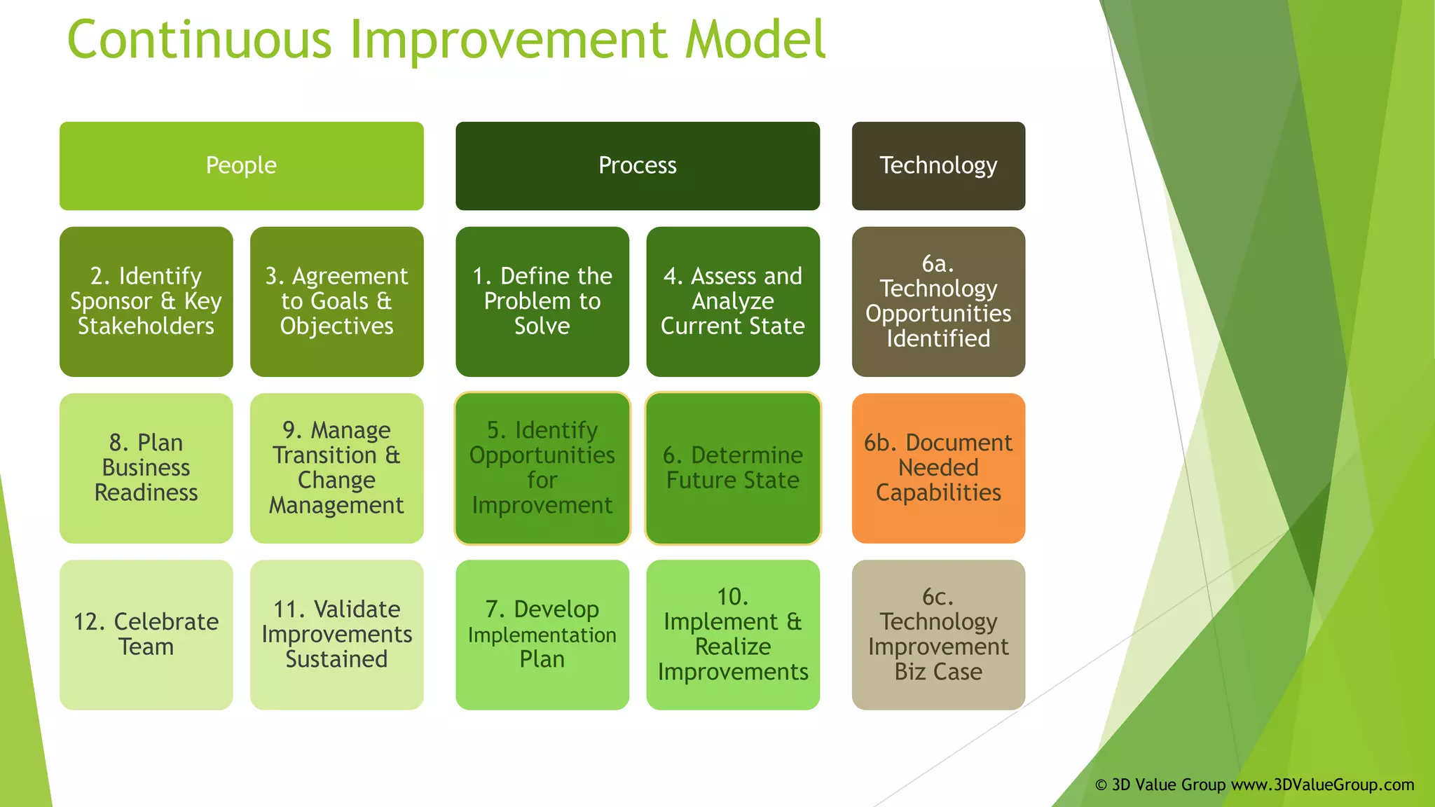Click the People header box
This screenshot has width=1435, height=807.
pyautogui.click(x=241, y=166)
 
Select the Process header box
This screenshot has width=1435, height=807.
pyautogui.click(x=637, y=166)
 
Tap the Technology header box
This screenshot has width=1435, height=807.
pyautogui.click(x=938, y=166)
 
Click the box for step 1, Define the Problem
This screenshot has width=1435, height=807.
pyautogui.click(x=542, y=301)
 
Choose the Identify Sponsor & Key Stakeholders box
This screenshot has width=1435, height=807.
pyautogui.click(x=146, y=301)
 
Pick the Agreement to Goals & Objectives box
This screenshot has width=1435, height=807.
pyautogui.click(x=336, y=301)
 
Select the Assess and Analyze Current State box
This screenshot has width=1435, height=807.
pyautogui.click(x=732, y=301)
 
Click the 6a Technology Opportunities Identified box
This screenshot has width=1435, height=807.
pyautogui.click(x=938, y=301)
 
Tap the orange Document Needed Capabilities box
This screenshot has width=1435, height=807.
pyautogui.click(x=938, y=468)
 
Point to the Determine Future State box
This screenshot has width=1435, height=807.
pyautogui.click(x=732, y=468)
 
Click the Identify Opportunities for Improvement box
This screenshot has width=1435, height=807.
pyautogui.click(x=542, y=468)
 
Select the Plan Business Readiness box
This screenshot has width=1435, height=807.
pyautogui.click(x=146, y=468)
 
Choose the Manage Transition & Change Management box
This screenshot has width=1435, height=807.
pyautogui.click(x=336, y=468)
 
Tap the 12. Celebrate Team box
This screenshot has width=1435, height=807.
pyautogui.click(x=146, y=635)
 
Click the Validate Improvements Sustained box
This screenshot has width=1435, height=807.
pyautogui.click(x=336, y=635)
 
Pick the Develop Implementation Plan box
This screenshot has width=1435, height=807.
pyautogui.click(x=542, y=635)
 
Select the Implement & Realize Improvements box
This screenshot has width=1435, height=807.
pyautogui.click(x=732, y=635)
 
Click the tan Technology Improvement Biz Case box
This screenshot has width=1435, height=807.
pyautogui.click(x=938, y=635)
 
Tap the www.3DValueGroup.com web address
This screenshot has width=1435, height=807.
pyautogui.click(x=1322, y=785)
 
